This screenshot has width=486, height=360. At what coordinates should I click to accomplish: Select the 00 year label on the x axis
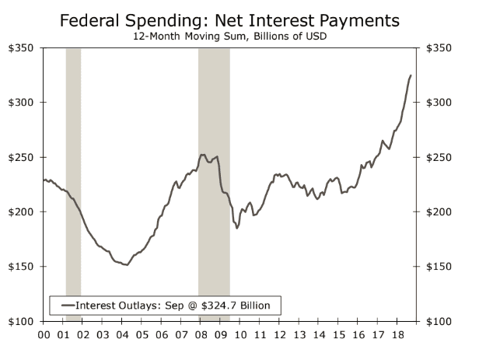pos(45,336)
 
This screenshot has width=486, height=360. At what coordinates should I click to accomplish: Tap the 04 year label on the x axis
pos(123,336)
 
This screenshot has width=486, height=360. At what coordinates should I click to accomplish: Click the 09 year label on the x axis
pos(221,336)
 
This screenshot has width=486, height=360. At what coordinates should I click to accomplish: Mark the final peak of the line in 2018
pos(411,75)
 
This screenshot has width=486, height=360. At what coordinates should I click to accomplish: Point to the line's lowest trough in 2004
pos(126,265)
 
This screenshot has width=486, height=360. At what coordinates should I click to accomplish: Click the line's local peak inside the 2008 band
pos(203,155)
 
